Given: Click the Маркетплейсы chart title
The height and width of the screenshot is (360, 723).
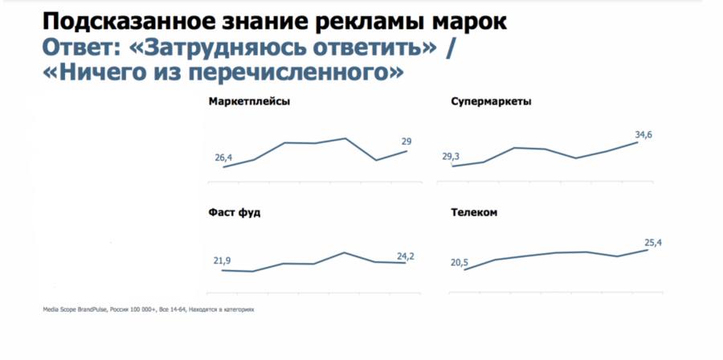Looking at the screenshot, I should click(x=249, y=102).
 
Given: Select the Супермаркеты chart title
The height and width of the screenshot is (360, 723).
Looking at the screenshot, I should click(x=492, y=102).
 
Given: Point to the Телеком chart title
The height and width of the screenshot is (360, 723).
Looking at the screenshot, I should click(x=475, y=213).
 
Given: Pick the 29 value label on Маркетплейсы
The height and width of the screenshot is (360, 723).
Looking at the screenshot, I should click(x=406, y=141).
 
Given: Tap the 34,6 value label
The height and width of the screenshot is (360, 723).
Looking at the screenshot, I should click(x=643, y=134).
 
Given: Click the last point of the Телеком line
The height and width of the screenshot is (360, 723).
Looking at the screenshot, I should click(x=647, y=250).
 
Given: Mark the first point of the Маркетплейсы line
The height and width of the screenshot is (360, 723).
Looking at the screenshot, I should click(x=223, y=166).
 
